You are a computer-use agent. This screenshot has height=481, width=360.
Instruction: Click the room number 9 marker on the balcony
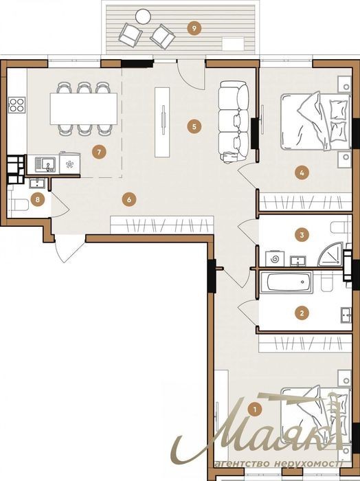coord(194,29)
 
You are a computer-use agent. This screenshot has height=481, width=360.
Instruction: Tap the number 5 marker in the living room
coord(194,126)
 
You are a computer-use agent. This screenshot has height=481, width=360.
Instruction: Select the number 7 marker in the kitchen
coord(99,152)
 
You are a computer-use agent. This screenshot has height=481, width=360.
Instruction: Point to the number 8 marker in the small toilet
coord(37,200)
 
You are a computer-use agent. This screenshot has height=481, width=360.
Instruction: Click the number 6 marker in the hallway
coord(128,200)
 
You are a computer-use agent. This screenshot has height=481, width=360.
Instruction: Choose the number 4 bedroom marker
coord(302,172)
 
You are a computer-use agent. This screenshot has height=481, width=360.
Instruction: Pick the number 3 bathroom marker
coord(302,235)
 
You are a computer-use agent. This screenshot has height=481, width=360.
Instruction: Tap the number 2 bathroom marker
coord(302,313)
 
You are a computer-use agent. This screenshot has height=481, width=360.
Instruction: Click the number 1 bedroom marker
coord(254,409)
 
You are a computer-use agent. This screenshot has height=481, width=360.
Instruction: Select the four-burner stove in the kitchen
coord(17,104)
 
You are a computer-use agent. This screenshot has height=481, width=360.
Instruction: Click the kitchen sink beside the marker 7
coord(45,164)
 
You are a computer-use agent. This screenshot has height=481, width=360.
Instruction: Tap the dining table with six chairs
coord(84,109)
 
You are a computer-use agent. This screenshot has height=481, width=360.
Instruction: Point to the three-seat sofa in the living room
coord(234,121)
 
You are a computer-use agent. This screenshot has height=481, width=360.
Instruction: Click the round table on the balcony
coord(143,16)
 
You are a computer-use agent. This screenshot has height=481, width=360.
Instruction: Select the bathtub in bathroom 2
coord(290,282)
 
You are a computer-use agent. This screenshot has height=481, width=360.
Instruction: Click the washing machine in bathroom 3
coord(275,259)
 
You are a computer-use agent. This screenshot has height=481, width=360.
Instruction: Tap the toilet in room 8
coord(20,205)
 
